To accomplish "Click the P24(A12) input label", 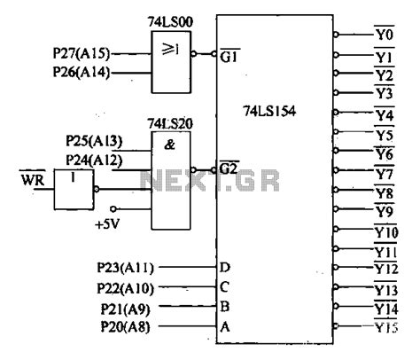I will coord(95,160).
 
